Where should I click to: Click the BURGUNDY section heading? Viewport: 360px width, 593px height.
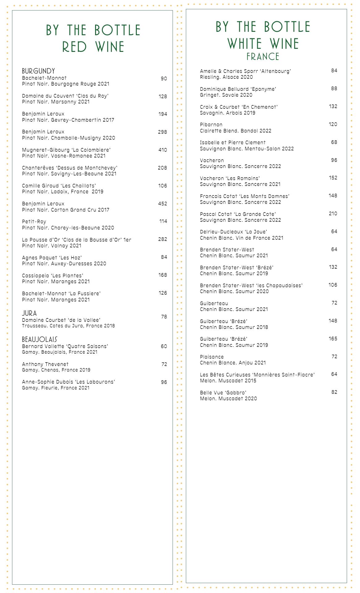point(38,71)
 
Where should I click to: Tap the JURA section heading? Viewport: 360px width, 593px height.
point(29,313)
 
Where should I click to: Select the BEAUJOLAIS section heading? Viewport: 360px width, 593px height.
point(40,339)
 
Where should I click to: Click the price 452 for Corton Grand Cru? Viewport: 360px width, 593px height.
point(162,204)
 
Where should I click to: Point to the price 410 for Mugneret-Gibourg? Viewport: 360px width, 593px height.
point(162,150)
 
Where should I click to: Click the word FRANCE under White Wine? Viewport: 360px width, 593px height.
point(263,57)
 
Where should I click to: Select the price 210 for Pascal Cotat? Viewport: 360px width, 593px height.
point(333,213)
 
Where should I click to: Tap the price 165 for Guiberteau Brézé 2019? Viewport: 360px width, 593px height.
point(333,339)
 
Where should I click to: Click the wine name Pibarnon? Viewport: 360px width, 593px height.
point(211,124)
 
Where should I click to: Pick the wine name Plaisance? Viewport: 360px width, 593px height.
point(212,357)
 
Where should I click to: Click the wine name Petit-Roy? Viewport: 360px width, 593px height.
point(34,221)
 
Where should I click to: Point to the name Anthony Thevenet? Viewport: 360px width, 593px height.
point(45,364)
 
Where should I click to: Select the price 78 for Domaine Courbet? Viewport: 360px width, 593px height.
point(164,317)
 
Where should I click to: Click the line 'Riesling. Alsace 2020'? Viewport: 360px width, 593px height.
point(226,77)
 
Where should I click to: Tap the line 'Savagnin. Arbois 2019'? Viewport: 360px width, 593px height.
point(228,113)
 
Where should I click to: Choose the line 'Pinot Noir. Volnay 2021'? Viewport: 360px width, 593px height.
point(52,246)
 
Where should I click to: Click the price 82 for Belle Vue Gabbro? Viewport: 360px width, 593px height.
point(334,392)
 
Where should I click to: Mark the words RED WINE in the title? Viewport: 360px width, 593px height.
point(93,47)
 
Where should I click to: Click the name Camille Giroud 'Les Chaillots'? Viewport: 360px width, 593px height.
point(59,186)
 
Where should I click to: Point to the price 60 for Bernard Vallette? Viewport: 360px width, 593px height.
point(164,346)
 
